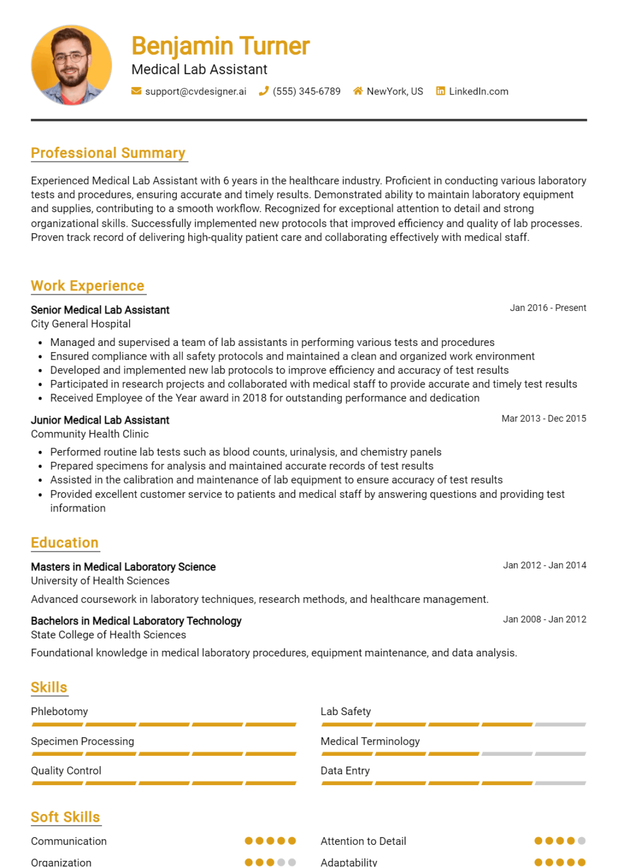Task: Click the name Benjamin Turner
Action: [220, 46]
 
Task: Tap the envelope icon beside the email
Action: [136, 91]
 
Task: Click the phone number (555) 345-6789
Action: [306, 91]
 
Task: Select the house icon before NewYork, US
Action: [358, 91]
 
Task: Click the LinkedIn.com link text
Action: [479, 91]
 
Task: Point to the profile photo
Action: [71, 65]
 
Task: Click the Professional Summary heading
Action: [108, 153]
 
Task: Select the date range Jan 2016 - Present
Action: [547, 308]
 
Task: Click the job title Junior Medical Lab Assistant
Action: [100, 420]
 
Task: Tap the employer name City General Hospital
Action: [81, 324]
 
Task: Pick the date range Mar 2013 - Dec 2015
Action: [544, 418]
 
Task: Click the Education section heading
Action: [64, 542]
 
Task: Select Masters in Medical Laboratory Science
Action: [123, 567]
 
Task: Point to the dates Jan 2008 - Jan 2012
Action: [544, 619]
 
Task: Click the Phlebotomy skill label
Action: [59, 712]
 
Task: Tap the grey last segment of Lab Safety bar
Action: [560, 724]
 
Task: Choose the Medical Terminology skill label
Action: [370, 741]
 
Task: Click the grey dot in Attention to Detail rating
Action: [581, 841]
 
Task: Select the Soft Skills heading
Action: [65, 817]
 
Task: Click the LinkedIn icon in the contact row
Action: [440, 91]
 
